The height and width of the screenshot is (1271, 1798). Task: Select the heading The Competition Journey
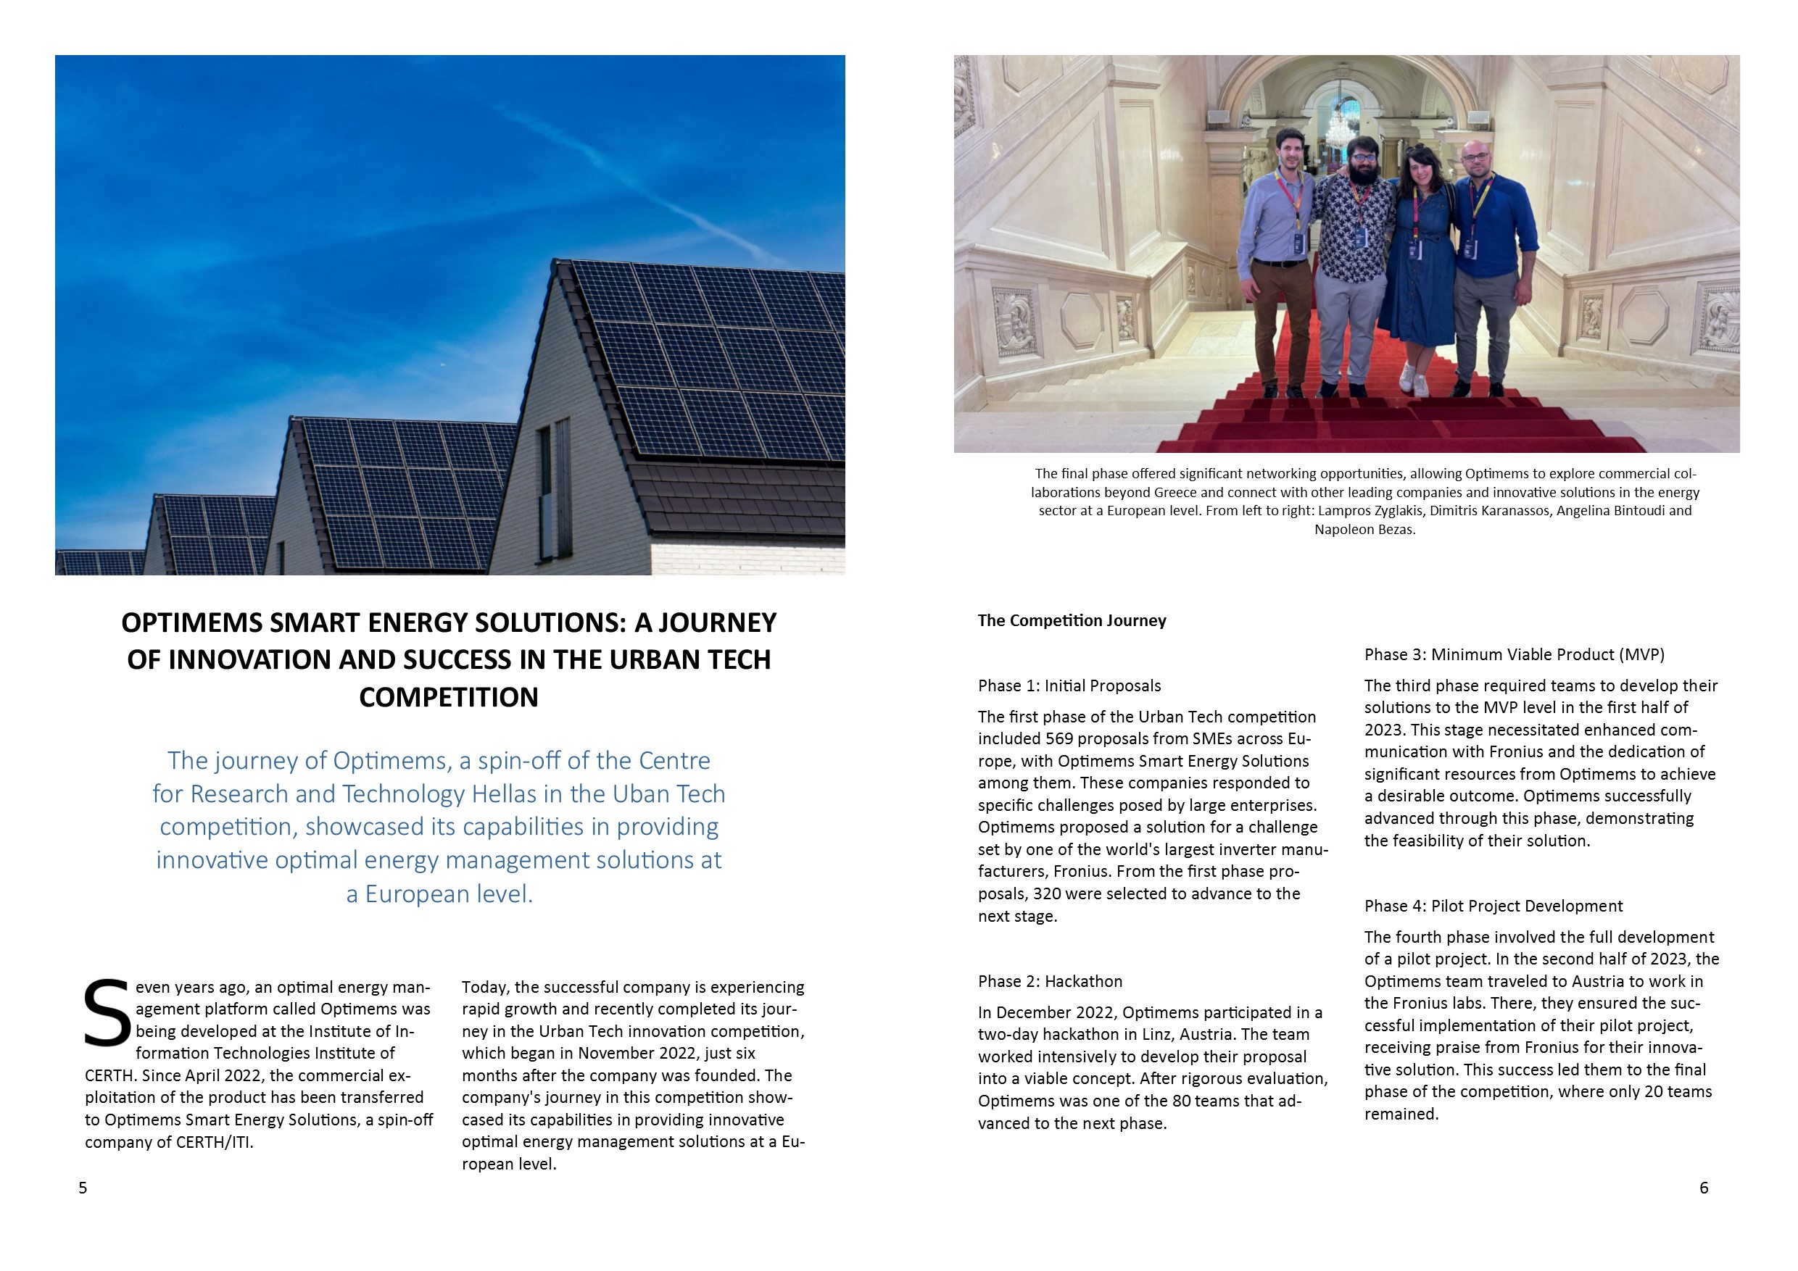coord(1072,620)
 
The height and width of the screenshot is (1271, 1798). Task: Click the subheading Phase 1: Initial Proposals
coord(1069,685)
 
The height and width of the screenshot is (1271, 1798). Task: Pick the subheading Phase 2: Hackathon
coord(1049,981)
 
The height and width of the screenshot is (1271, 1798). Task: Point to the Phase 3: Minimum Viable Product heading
coord(1514,654)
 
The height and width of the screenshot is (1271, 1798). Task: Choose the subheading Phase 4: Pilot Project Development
coord(1493,906)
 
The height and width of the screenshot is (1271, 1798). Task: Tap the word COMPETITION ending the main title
coord(449,696)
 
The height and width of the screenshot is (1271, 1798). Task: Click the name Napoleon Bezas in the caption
coord(1364,529)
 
